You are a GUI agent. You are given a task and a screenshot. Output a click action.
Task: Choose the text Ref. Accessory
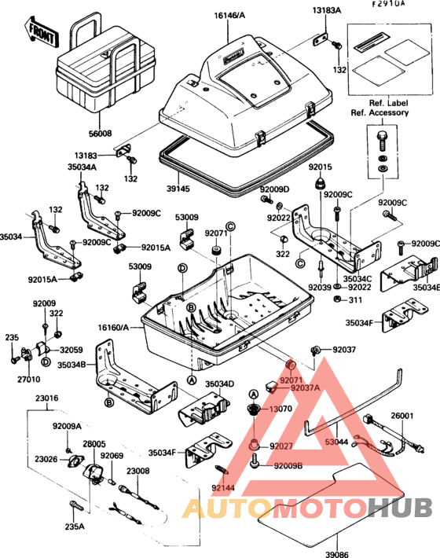click(379, 112)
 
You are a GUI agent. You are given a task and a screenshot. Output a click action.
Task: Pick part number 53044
click(338, 442)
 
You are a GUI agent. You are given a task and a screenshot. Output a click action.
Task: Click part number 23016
click(46, 398)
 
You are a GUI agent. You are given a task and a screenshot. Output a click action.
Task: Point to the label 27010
click(30, 379)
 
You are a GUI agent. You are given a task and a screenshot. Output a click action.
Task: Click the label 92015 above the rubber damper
click(321, 167)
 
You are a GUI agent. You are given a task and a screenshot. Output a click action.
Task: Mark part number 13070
click(280, 409)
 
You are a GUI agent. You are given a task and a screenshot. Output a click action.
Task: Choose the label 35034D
click(221, 384)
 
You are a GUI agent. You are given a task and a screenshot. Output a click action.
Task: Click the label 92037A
click(304, 387)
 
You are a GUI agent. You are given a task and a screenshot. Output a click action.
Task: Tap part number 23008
click(138, 471)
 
